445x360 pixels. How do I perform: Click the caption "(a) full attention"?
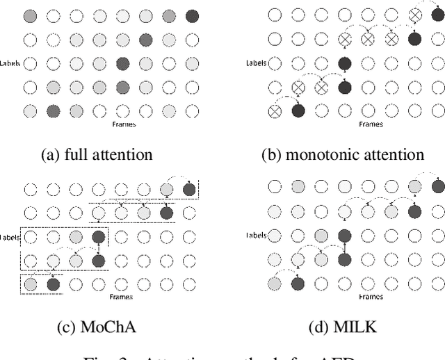[x=97, y=154]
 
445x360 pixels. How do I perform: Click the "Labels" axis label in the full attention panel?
[x=12, y=64]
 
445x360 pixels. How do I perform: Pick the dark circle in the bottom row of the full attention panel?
[x=51, y=111]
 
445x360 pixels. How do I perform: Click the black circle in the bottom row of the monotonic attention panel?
[x=298, y=111]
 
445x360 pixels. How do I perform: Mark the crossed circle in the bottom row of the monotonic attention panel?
[x=274, y=111]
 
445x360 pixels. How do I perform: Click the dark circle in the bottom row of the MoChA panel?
[x=51, y=284]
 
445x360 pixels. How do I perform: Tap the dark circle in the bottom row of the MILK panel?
[x=298, y=284]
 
